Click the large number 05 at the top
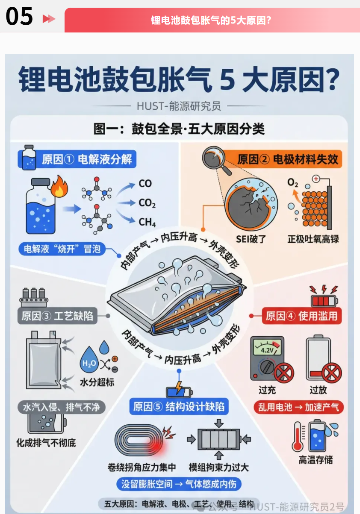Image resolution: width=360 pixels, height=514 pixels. tap(19, 16)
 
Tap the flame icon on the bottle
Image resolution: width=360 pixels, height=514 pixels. tap(59, 187)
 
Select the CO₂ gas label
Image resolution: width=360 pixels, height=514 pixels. tap(147, 203)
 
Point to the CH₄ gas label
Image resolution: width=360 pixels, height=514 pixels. tap(147, 222)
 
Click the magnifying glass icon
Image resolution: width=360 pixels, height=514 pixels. tap(216, 159)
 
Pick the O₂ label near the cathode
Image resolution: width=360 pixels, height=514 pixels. tap(293, 183)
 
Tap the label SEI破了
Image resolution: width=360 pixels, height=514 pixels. tap(251, 239)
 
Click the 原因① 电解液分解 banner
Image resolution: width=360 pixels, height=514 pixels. tap(77, 159)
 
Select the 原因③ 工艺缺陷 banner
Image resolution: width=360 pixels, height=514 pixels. tap(57, 316)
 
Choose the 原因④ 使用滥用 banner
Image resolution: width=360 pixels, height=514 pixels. tap(302, 316)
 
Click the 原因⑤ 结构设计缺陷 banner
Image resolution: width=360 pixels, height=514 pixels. tap(179, 406)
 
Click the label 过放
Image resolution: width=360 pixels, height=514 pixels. tap(318, 390)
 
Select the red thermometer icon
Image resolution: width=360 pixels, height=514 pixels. tap(298, 437)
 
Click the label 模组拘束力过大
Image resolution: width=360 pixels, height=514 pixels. tap(219, 467)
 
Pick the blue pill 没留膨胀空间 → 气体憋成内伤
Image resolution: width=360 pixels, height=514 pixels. tap(179, 484)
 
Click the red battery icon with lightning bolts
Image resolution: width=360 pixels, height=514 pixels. tap(324, 296)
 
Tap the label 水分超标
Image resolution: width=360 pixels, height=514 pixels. tap(97, 382)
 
